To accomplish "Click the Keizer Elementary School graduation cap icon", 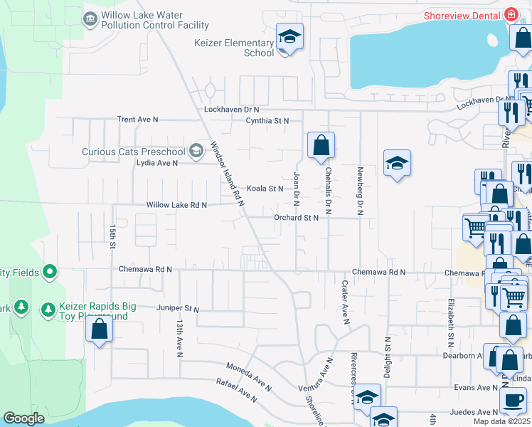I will pyautogui.click(x=289, y=36).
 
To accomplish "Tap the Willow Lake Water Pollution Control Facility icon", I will pyautogui.click(x=90, y=19).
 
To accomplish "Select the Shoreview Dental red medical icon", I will pyautogui.click(x=510, y=15).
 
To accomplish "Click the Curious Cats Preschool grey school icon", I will pyautogui.click(x=196, y=151).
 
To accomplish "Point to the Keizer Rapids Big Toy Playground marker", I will pyautogui.click(x=48, y=310).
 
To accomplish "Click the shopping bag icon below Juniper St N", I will pyautogui.click(x=99, y=329).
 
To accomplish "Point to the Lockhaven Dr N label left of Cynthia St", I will pyautogui.click(x=232, y=110).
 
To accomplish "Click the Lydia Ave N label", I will pyautogui.click(x=156, y=163).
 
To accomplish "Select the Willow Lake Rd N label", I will pyautogui.click(x=176, y=205).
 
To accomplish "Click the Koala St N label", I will pyautogui.click(x=265, y=189).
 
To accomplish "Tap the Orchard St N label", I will pyautogui.click(x=296, y=218).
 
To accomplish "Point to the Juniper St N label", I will pyautogui.click(x=178, y=309).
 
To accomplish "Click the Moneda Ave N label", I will pyautogui.click(x=249, y=377).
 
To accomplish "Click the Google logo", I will pyautogui.click(x=24, y=418).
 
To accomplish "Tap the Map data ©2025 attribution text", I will pyautogui.click(x=501, y=421).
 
